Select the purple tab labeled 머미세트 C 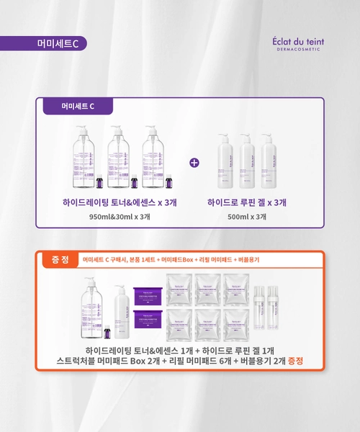coord(78,107)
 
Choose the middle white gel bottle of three coord(247,161)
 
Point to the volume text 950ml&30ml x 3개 coord(120,216)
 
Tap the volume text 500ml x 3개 coord(247,216)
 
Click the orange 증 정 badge coord(60,259)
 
